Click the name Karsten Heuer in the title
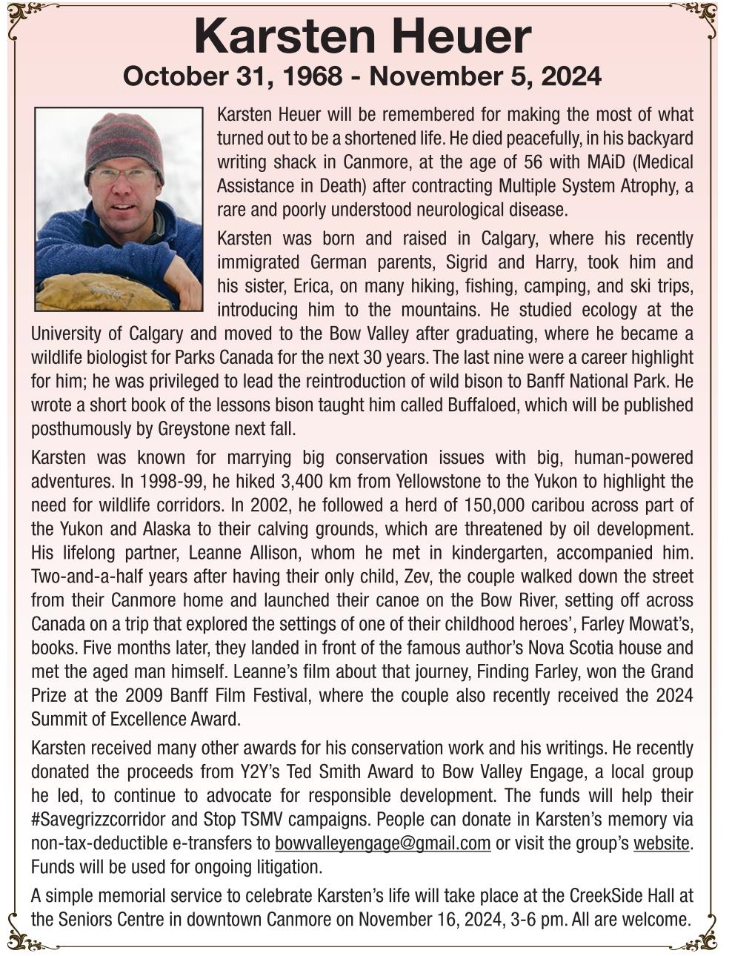coord(362,37)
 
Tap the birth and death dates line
coord(362,76)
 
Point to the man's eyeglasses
coord(124,175)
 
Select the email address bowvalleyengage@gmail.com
coord(382,843)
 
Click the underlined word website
coord(661,843)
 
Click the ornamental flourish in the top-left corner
coord(26,16)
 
